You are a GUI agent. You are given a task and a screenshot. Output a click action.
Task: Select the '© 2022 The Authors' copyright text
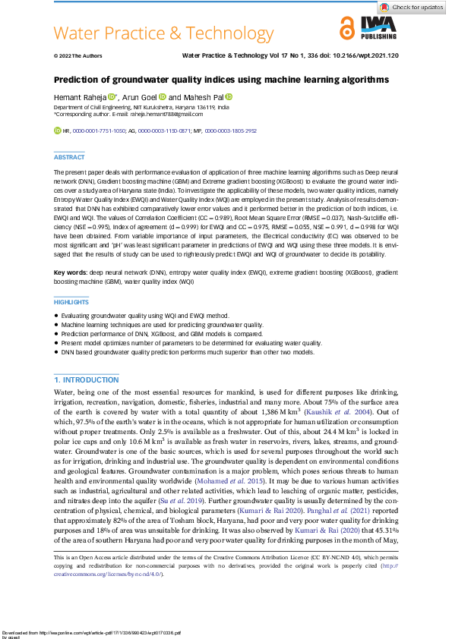(77, 56)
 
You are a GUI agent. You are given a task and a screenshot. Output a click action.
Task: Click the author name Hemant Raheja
(79, 98)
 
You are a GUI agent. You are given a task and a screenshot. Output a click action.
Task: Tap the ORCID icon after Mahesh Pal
(228, 97)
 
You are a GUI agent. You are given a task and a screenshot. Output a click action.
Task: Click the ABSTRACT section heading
(70, 157)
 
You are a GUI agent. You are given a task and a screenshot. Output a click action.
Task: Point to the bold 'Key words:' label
(70, 271)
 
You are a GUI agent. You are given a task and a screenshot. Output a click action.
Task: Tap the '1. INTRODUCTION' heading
(87, 379)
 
